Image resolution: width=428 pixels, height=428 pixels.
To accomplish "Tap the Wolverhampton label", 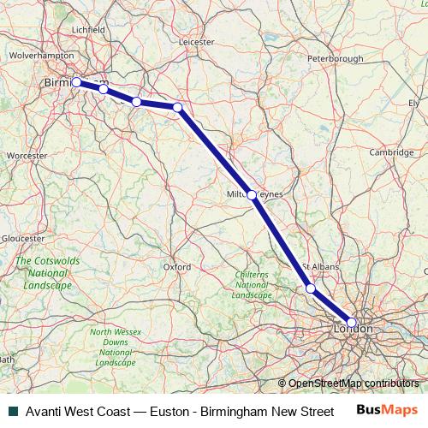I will pos(42,54).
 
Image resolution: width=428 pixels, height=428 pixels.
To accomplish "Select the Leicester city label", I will pos(196,40).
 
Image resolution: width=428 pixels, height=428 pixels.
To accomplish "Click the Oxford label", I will pos(176,266).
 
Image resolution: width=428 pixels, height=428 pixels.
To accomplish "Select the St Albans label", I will pos(321,267).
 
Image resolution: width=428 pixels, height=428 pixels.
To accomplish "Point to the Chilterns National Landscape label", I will pos(251,283).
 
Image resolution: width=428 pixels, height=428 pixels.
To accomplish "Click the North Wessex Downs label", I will pos(115,347).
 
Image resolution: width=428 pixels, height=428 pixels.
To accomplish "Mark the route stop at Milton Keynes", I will pos(252,194).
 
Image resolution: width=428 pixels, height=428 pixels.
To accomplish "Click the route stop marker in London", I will pos(351,322).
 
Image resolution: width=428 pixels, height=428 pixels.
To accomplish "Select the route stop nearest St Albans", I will pos(311,289).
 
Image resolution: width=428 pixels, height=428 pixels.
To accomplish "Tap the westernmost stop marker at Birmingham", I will pos(76,82).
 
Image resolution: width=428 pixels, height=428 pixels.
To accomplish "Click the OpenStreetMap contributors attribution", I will pos(353,383).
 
